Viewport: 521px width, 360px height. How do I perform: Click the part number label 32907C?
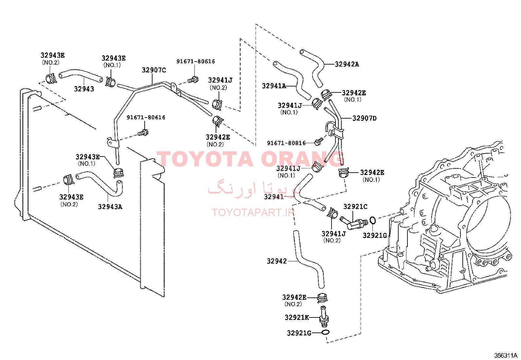coord(154,70)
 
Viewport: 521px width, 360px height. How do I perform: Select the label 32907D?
coord(365,118)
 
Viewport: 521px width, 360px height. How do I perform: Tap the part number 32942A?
coord(347,64)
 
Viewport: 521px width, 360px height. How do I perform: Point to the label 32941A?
coord(274,86)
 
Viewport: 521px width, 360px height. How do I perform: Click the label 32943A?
coord(110,207)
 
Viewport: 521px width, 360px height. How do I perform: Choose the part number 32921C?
coord(355,207)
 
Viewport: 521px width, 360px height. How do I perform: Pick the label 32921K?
coord(297,317)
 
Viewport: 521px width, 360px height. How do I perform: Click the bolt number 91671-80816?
coord(286,143)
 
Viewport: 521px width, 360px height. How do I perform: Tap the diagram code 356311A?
coord(506,355)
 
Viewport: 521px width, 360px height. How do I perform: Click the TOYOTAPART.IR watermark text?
coord(253,213)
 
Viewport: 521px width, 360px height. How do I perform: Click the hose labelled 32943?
coord(81,75)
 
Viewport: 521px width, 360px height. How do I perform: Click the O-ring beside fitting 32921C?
coord(372,220)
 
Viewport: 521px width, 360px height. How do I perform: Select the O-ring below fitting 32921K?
coord(325,332)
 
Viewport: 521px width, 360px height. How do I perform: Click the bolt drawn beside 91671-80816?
coord(318,142)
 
